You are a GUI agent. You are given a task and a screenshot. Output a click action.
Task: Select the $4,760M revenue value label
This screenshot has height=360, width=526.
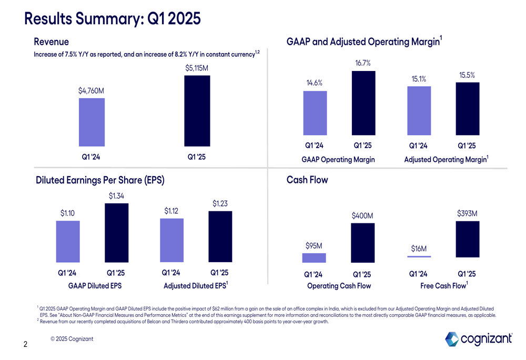[x=91, y=90]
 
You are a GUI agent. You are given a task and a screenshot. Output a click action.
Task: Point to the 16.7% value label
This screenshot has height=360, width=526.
[x=363, y=63]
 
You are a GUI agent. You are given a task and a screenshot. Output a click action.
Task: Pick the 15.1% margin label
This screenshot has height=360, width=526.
[x=419, y=79]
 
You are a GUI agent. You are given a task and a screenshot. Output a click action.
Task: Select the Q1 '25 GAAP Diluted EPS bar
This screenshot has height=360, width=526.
[x=117, y=233]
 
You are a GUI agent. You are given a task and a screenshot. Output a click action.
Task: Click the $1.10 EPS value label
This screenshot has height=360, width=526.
[x=68, y=213]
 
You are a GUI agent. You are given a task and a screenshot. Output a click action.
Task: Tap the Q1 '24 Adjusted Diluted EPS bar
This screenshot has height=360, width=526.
[x=171, y=240]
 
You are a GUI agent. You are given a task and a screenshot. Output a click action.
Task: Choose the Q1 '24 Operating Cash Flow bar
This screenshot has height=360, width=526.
[x=314, y=258]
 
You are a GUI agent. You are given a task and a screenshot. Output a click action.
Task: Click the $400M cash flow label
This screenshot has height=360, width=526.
[x=362, y=215]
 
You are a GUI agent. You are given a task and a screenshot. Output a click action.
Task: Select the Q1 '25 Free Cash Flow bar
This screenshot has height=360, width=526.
[x=467, y=239]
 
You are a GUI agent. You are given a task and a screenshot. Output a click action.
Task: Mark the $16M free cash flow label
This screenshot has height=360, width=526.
[x=419, y=249]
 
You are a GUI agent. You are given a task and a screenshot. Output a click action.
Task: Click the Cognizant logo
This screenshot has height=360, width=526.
[x=479, y=339]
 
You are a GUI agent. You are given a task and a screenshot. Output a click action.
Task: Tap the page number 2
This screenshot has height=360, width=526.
[x=25, y=345]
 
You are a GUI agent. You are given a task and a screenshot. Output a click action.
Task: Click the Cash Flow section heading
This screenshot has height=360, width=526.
[x=307, y=180]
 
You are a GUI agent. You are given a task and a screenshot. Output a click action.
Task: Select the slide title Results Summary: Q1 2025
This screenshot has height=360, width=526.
[x=113, y=18]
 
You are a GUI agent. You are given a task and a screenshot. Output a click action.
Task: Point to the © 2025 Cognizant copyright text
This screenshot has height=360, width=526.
[x=72, y=339]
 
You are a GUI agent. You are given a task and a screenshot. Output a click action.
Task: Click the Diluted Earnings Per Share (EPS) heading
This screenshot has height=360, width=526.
[x=100, y=180]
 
